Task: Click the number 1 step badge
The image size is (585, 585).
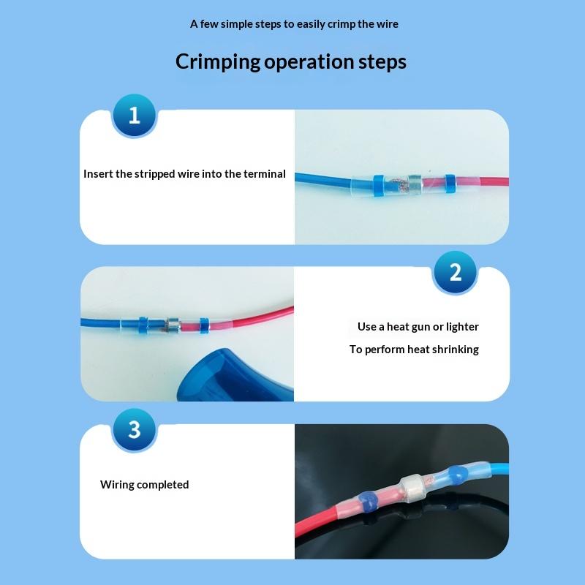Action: tap(134, 116)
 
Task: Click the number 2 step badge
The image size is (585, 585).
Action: tap(455, 273)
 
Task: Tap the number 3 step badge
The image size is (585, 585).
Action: tap(134, 429)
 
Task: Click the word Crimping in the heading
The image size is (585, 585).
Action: tap(217, 61)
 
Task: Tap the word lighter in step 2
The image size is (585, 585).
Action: tap(461, 327)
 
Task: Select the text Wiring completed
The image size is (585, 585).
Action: tap(144, 485)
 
